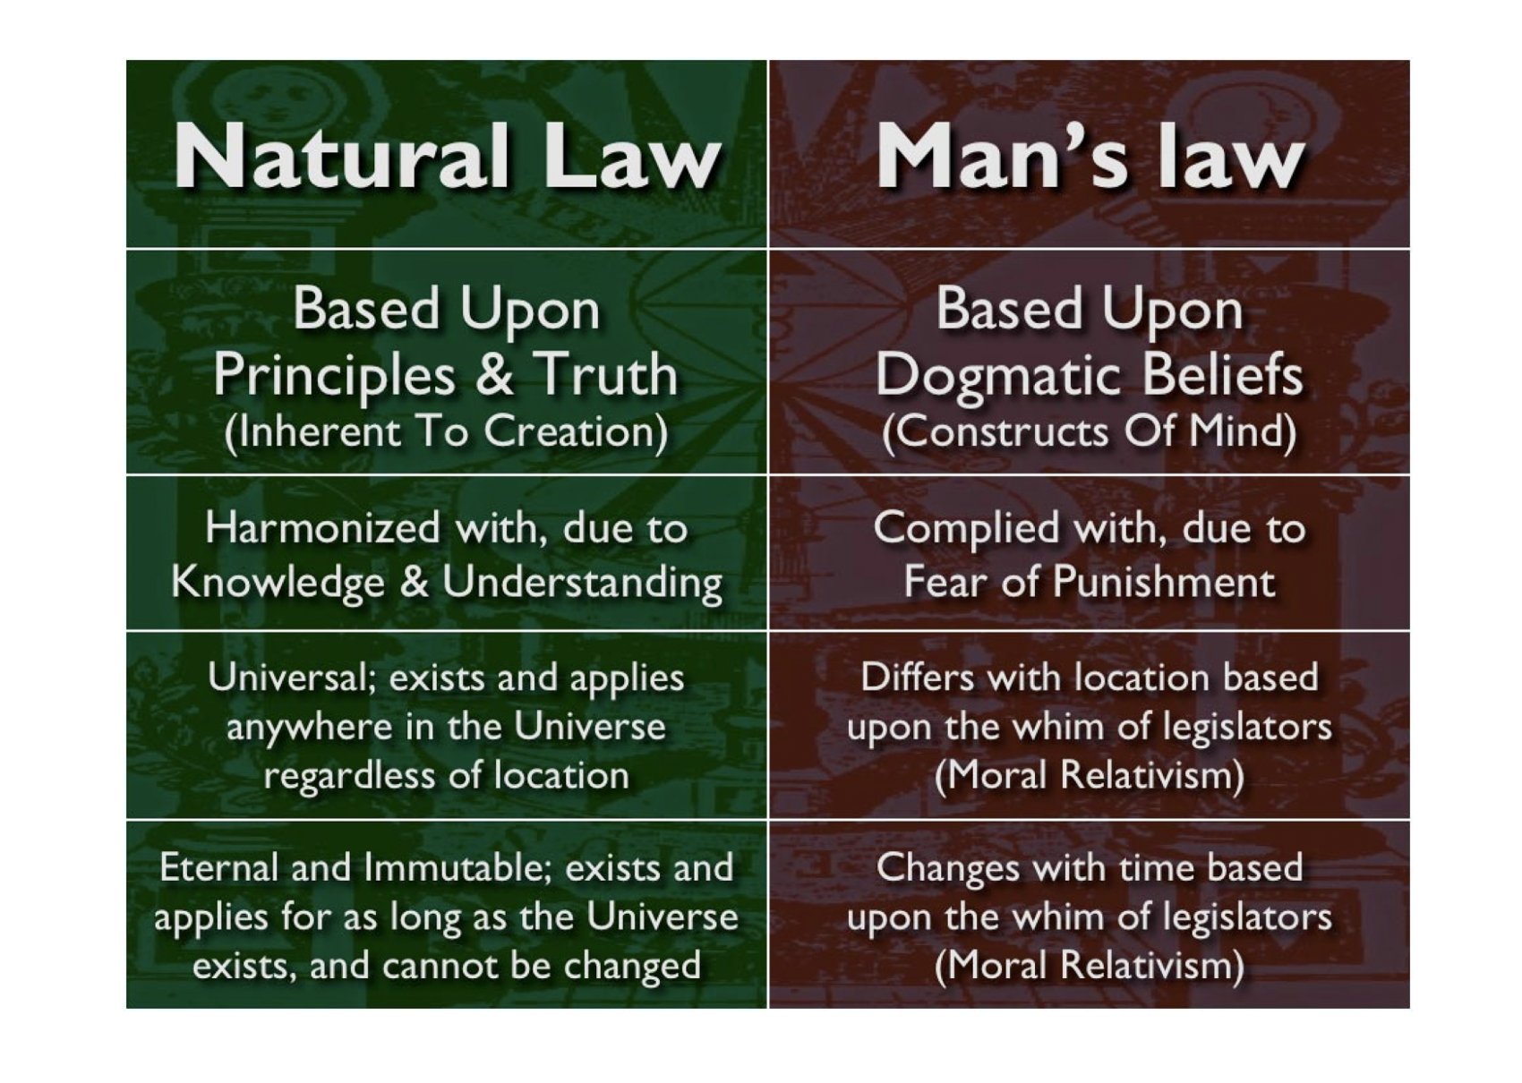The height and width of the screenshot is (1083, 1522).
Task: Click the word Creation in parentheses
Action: tap(577, 432)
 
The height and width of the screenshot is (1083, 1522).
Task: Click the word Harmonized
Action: tap(322, 529)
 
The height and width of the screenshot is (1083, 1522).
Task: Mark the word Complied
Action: tap(965, 530)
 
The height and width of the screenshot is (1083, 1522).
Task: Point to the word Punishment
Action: tap(1164, 583)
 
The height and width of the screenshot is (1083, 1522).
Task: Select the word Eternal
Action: tap(218, 867)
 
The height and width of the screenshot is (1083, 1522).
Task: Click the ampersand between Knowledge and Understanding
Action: tap(414, 583)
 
